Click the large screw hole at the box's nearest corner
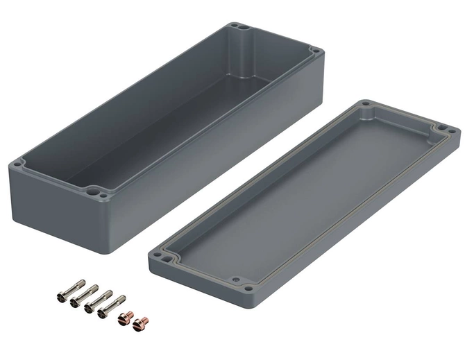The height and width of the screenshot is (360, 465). point(92,188)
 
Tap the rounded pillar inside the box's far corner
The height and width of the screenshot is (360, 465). point(245,59)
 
